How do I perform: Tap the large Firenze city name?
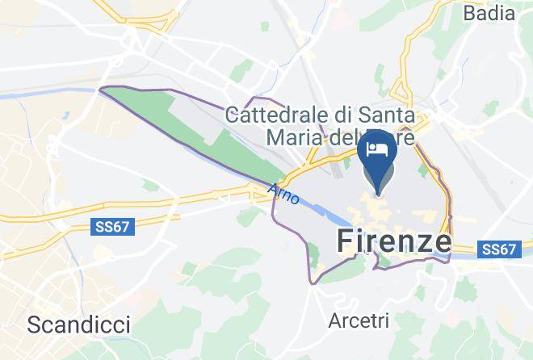393,241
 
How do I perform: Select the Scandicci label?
78,324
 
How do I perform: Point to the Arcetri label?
359,320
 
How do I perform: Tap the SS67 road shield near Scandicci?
111,228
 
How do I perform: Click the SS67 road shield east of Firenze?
498,250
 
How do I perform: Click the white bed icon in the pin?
377,149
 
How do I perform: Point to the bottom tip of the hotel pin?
377,193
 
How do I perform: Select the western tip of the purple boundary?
99,90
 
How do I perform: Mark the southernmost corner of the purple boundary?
313,283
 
